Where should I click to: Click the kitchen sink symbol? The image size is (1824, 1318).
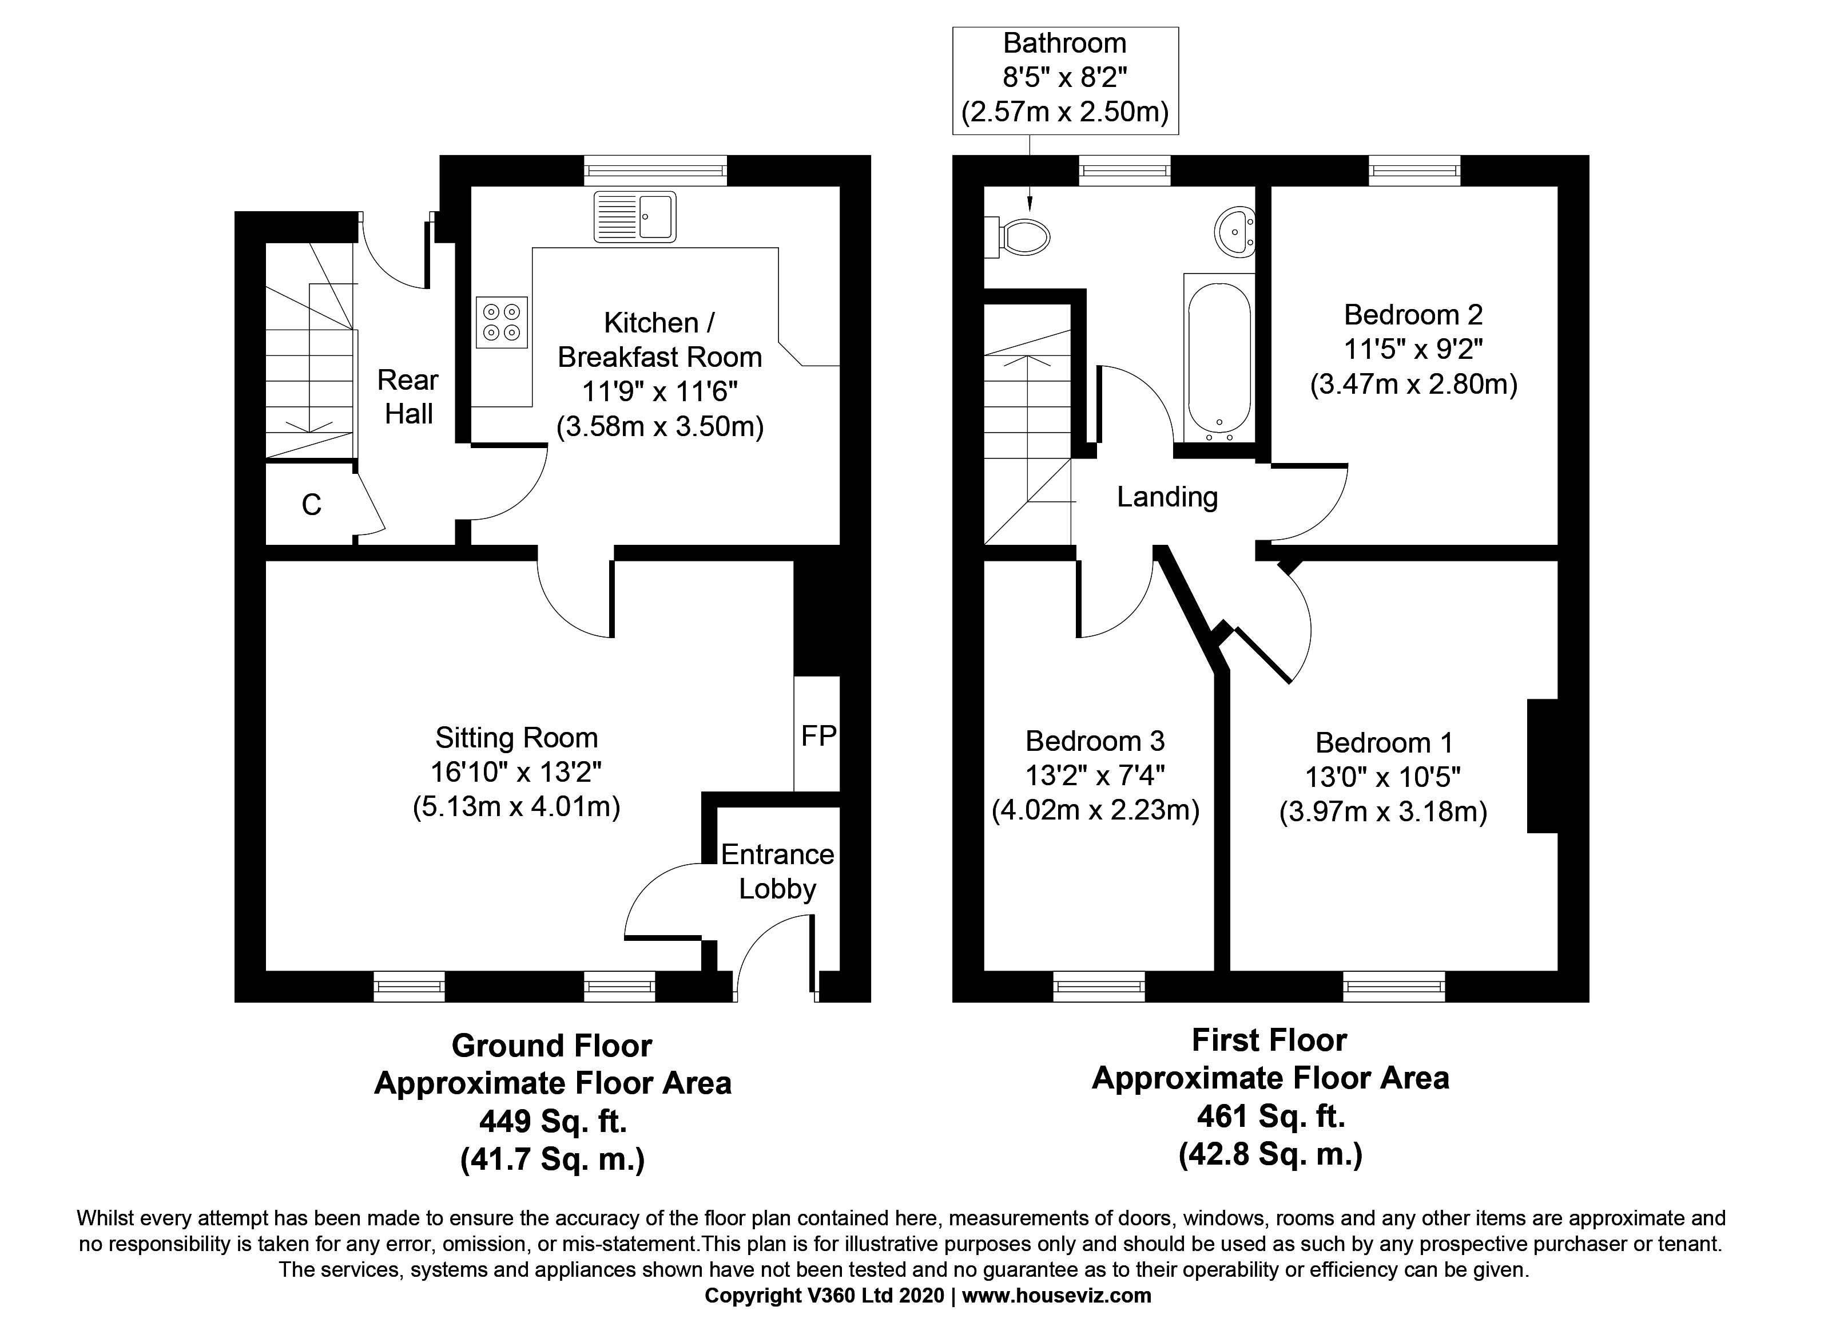[x=634, y=216]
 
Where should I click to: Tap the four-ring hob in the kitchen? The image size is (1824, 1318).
[x=502, y=322]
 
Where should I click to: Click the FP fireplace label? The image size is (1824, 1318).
[x=818, y=735]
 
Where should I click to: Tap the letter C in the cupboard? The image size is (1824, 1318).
[x=311, y=505]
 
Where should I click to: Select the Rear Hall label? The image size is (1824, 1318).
[x=408, y=397]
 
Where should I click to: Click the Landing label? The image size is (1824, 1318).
[x=1167, y=497]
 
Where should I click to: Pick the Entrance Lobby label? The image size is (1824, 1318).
[x=777, y=872]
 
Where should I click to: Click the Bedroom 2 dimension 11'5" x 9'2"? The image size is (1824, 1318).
[x=1413, y=349]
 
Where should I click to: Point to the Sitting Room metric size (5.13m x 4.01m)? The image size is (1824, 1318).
[x=516, y=806]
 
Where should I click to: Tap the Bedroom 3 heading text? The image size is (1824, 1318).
[x=1095, y=741]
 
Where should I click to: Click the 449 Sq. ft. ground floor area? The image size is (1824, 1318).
[x=553, y=1121]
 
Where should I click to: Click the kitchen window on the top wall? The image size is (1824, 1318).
[x=656, y=170]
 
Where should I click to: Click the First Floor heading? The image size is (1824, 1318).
[x=1269, y=1040]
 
